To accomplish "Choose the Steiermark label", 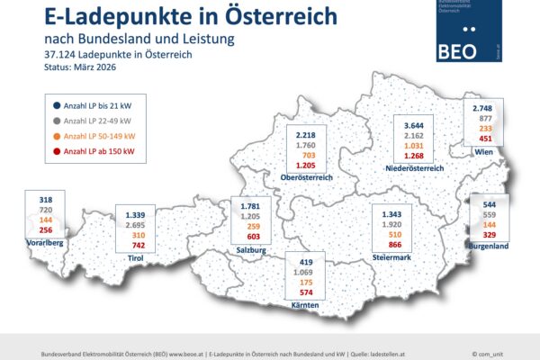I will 393,257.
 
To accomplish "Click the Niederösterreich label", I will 414,167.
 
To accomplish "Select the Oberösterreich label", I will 307,177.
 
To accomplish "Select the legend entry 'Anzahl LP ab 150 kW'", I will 89,152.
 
